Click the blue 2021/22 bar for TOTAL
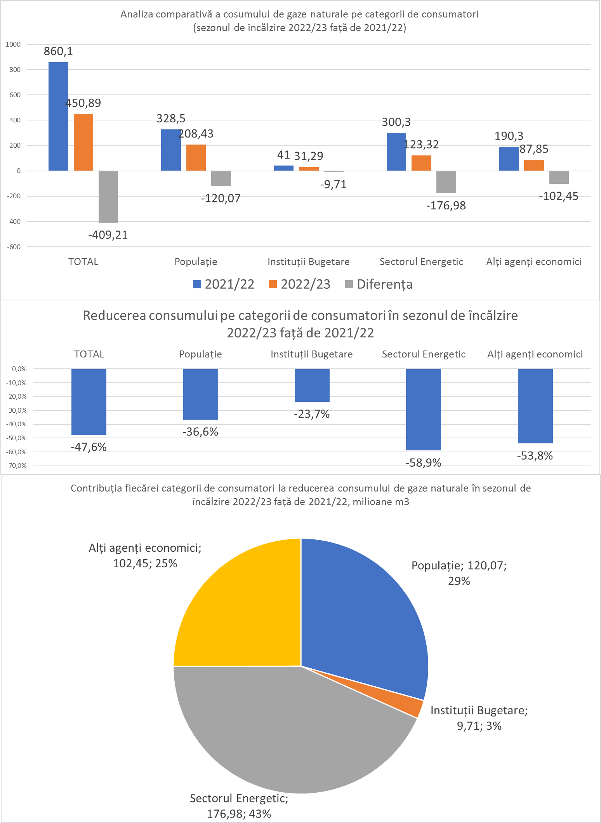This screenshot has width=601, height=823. tap(58, 117)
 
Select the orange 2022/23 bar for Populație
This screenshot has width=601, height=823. tap(196, 158)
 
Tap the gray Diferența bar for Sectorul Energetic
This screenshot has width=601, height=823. tap(446, 182)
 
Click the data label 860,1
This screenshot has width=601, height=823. tap(58, 51)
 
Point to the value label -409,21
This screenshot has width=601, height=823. tap(108, 235)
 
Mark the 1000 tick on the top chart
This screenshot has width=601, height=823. tap(13, 44)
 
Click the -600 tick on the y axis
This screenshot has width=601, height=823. tap(14, 247)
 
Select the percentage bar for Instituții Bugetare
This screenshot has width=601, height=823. tap(312, 385)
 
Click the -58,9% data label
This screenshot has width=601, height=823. tap(423, 463)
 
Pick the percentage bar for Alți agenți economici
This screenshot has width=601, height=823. tap(535, 406)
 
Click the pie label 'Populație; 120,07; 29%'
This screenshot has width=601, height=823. tap(459, 573)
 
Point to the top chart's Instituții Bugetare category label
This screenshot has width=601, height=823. tap(308, 262)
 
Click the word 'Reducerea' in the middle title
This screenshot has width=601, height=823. tap(114, 316)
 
